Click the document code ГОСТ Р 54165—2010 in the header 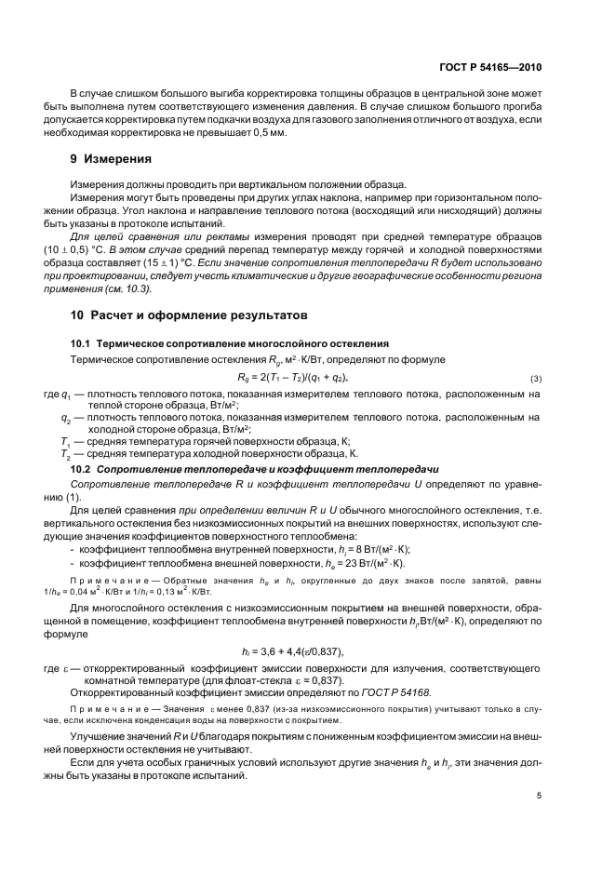click(489, 67)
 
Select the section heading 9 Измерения click(111, 159)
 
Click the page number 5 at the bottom click(539, 796)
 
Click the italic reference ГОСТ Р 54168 click(404, 693)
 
